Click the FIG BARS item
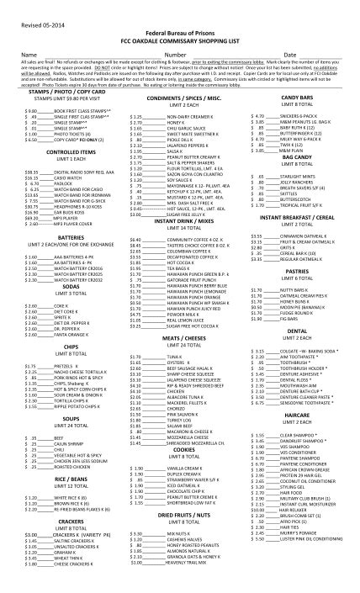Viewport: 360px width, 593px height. point(291,319)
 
